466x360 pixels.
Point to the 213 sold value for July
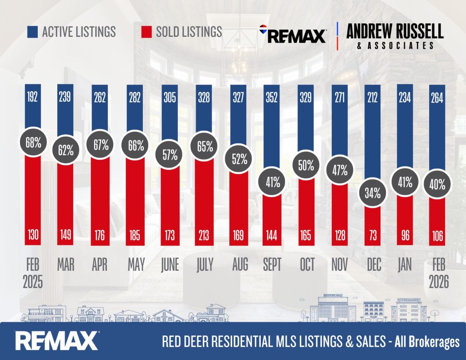pyautogui.click(x=204, y=235)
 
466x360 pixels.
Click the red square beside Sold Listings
pyautogui.click(x=146, y=31)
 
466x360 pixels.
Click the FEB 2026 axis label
pyautogui.click(x=439, y=273)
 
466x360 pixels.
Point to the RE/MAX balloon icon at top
pyautogui.click(x=263, y=30)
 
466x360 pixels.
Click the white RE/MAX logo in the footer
pyautogui.click(x=57, y=340)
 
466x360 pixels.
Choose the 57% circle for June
pyautogui.click(x=170, y=154)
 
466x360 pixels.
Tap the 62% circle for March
pyautogui.click(x=66, y=150)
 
